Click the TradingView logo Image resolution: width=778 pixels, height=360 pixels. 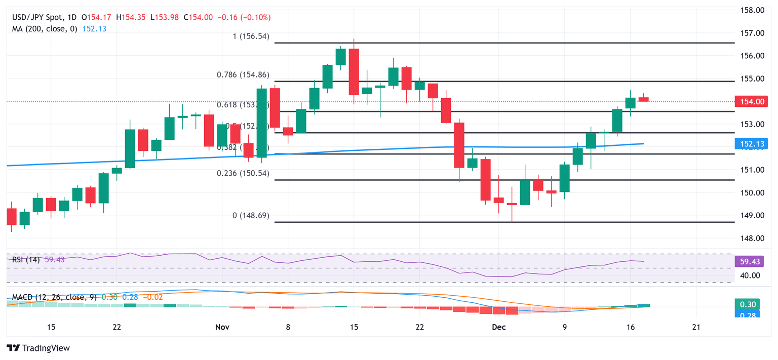(x=38, y=348)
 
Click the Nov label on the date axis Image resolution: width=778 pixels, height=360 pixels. (x=222, y=328)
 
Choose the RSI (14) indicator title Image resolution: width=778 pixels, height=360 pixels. (x=27, y=260)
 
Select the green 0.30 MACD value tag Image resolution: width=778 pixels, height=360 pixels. (x=747, y=304)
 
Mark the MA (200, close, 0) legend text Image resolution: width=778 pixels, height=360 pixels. (x=45, y=29)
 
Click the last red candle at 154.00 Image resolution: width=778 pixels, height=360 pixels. (x=643, y=99)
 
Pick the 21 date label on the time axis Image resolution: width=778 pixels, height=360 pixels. (x=696, y=328)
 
